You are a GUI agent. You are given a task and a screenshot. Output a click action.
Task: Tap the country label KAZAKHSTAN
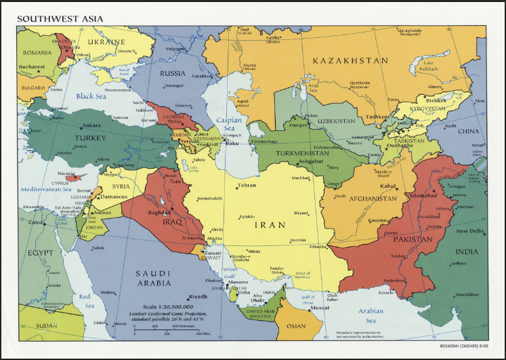[x=350, y=61]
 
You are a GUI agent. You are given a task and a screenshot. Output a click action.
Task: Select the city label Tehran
[x=247, y=185]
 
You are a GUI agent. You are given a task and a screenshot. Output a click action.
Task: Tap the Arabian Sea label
[x=371, y=316]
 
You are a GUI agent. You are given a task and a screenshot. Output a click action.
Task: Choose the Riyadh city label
[x=198, y=297]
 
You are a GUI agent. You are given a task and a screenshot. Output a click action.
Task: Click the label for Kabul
[x=387, y=186]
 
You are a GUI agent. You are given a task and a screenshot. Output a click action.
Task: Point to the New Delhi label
[x=469, y=231]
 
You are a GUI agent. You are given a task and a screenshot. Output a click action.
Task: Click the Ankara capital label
[x=91, y=125]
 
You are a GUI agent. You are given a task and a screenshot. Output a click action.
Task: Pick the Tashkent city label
[x=377, y=117]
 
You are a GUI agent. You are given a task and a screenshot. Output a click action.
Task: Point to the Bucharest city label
[x=32, y=67]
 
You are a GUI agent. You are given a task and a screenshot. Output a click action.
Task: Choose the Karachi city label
[x=387, y=294]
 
